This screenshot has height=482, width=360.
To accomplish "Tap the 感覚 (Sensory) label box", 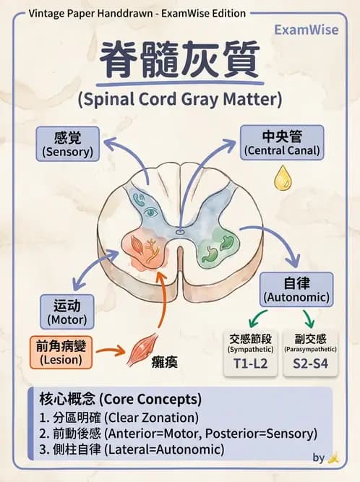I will [x=69, y=143].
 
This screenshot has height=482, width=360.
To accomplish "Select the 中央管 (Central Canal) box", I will [x=282, y=143].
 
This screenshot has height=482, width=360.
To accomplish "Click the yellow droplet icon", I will [x=280, y=178].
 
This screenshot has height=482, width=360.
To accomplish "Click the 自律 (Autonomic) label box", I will [x=296, y=289].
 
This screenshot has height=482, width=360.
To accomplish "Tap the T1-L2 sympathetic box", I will [x=250, y=352].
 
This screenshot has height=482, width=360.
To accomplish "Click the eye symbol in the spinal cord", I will [x=151, y=212].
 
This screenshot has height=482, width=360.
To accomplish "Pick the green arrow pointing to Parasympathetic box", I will [x=308, y=318].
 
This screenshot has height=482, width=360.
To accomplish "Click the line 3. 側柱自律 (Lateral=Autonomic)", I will [x=132, y=449].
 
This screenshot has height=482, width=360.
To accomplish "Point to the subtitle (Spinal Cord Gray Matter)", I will [x=179, y=98].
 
